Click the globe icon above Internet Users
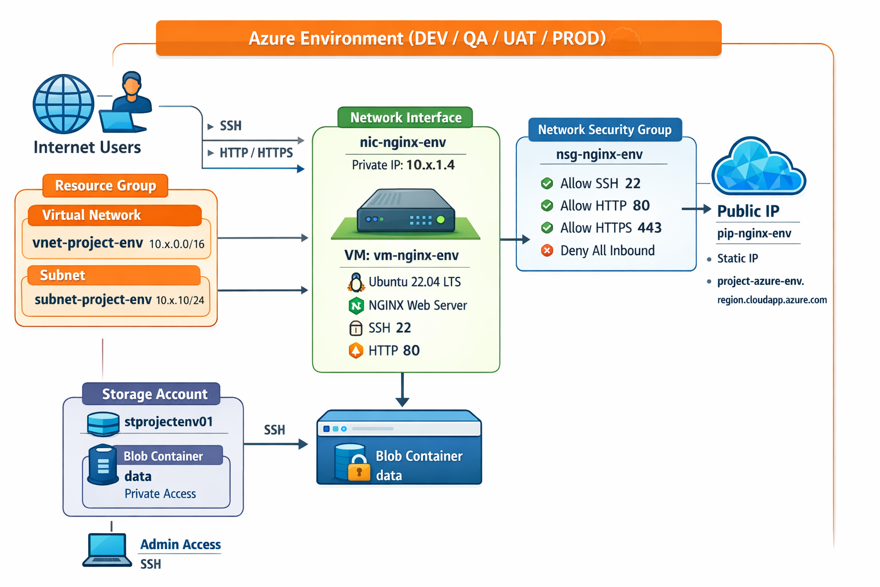pos(64,104)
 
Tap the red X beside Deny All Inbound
pos(547,251)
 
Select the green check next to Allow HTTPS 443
pos(547,228)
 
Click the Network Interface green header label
pos(405,118)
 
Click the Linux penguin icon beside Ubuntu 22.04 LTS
pos(356,282)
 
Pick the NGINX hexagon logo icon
pos(356,306)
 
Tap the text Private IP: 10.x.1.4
pos(403,165)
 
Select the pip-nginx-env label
pos(754,233)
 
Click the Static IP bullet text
pos(737,259)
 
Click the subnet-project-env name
pos(93,300)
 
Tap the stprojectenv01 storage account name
pos(168,422)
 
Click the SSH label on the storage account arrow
pos(274,430)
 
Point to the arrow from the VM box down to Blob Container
pos(402,390)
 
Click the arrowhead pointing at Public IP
pos(706,209)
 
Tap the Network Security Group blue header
pos(604,130)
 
